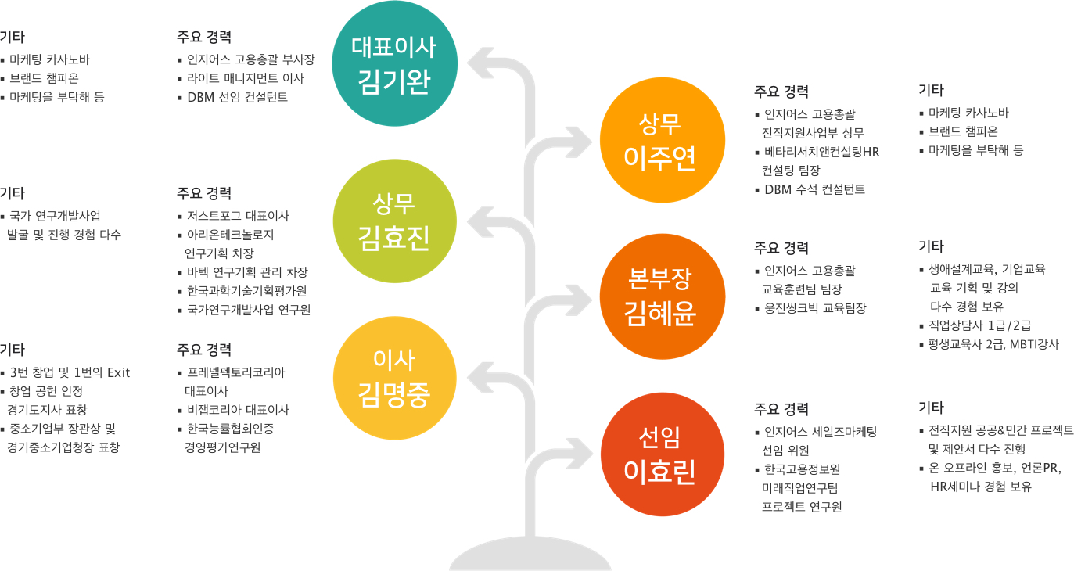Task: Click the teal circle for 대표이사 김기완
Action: [394, 63]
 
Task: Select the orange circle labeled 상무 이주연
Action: [663, 140]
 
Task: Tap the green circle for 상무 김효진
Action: [394, 221]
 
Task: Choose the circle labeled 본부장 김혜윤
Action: [663, 296]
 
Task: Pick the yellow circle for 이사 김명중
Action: [394, 378]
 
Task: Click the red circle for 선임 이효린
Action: [663, 454]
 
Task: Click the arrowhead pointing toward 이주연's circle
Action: [578, 142]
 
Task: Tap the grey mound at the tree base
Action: [530, 555]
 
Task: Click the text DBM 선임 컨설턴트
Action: [237, 97]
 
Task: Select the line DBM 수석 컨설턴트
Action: [814, 189]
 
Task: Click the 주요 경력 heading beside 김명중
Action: [204, 350]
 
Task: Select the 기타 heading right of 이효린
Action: [931, 408]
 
